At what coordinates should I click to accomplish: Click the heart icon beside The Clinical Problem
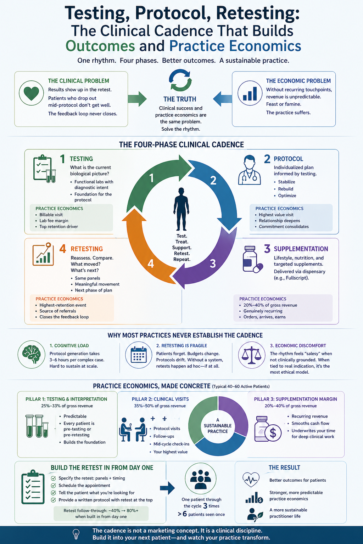[31, 93]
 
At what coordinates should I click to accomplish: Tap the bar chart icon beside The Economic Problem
[250, 93]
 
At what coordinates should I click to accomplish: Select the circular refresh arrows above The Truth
[180, 80]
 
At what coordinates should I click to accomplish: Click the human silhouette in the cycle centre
[181, 209]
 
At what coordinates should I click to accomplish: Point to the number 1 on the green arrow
[151, 177]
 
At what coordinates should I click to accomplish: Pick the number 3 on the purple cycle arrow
[213, 264]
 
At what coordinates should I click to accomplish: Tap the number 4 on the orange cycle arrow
[151, 264]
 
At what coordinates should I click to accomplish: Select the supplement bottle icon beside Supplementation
[251, 259]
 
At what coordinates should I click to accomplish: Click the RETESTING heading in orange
[86, 249]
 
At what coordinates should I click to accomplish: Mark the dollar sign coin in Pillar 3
[273, 433]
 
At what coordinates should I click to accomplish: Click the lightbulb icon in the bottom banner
[76, 534]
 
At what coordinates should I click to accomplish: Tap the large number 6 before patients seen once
[184, 514]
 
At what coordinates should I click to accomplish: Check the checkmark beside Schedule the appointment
[54, 486]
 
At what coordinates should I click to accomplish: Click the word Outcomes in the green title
[100, 46]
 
